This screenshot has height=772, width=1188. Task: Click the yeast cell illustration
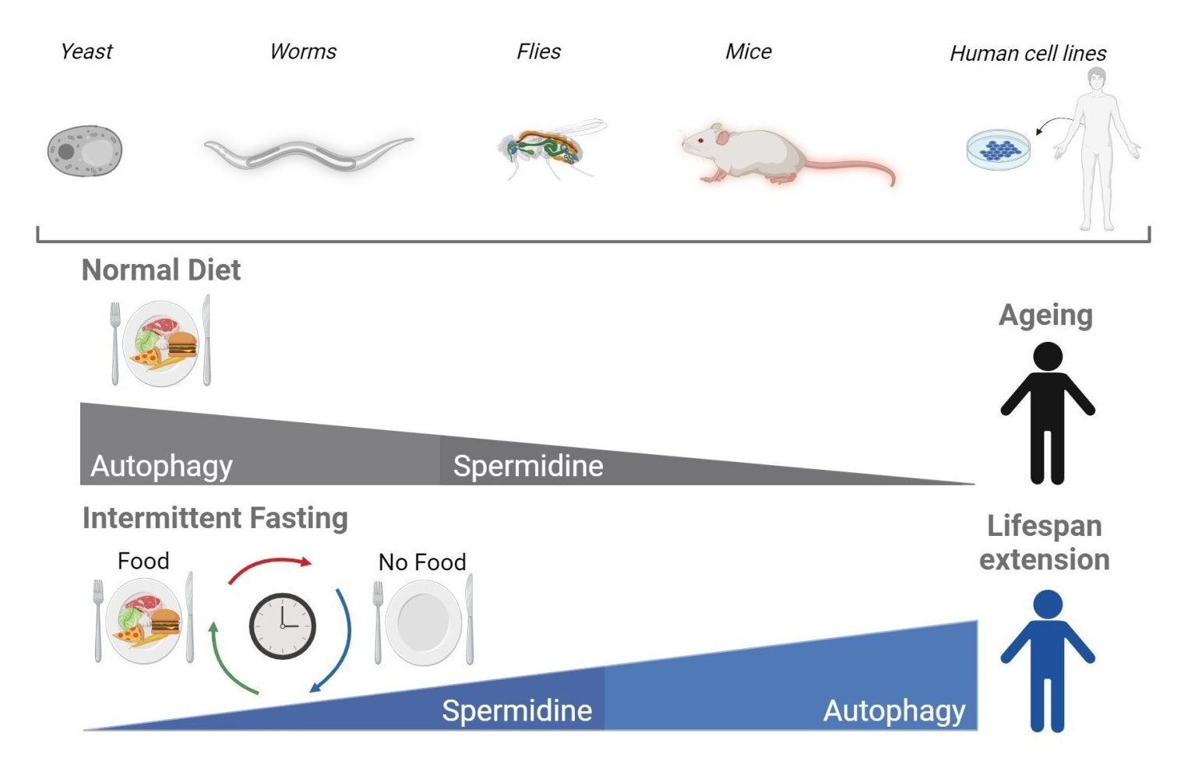[x=85, y=150]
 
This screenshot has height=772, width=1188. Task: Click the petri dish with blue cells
[x=998, y=149]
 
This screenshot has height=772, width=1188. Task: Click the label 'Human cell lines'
[x=1028, y=53]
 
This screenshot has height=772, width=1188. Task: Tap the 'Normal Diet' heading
[x=161, y=270]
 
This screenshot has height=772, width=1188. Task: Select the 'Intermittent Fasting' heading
[x=215, y=518]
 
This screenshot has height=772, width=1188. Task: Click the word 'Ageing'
[x=1045, y=315]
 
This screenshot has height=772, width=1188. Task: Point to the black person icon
[x=1047, y=413]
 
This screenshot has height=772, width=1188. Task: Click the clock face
[x=282, y=626]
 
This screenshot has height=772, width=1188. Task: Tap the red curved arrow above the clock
[x=269, y=566]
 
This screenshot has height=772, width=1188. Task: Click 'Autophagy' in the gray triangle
[x=162, y=466]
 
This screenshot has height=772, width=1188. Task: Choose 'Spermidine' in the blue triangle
[x=516, y=710]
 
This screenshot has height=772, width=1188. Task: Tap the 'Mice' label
[x=748, y=51]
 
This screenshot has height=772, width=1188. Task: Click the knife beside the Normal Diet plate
[x=206, y=340]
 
